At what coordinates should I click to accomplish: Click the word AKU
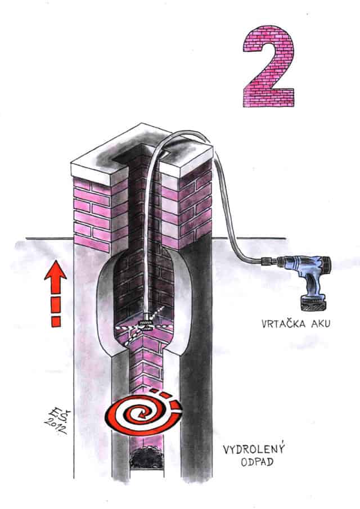point(321,323)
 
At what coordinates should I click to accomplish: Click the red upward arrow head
point(56,270)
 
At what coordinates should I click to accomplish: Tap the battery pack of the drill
point(313,303)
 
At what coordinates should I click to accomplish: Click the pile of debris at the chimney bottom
point(146,458)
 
